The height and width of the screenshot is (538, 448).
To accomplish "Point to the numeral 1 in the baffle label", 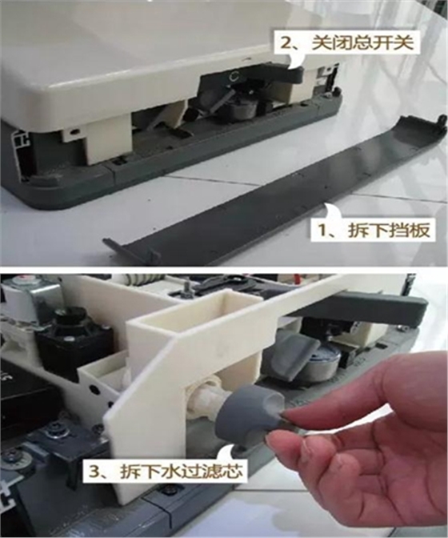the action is (322, 231).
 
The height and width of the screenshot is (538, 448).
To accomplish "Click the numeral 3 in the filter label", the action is (94, 472).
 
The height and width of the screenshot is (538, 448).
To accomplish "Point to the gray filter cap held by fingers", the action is (251, 400).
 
